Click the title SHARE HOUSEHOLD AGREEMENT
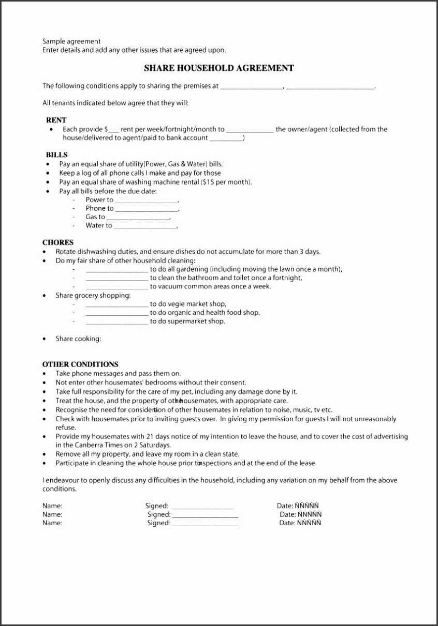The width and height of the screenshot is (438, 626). point(218,68)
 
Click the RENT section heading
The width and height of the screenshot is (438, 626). point(56,120)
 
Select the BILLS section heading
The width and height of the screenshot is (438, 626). point(56,155)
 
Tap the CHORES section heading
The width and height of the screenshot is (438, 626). point(58,242)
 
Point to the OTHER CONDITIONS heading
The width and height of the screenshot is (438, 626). point(80,364)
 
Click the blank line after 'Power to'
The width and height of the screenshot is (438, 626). point(147,201)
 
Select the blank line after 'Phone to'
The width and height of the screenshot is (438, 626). point(147,209)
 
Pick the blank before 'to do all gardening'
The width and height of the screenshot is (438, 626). point(116,270)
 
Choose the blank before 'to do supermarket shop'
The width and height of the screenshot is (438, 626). point(116,323)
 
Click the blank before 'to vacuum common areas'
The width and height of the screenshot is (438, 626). point(116,287)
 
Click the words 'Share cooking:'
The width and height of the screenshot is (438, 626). point(78,339)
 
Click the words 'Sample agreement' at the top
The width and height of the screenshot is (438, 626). point(71,41)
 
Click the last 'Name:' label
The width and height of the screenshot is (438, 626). point(52,523)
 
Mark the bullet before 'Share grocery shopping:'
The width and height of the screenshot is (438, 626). point(45,296)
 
